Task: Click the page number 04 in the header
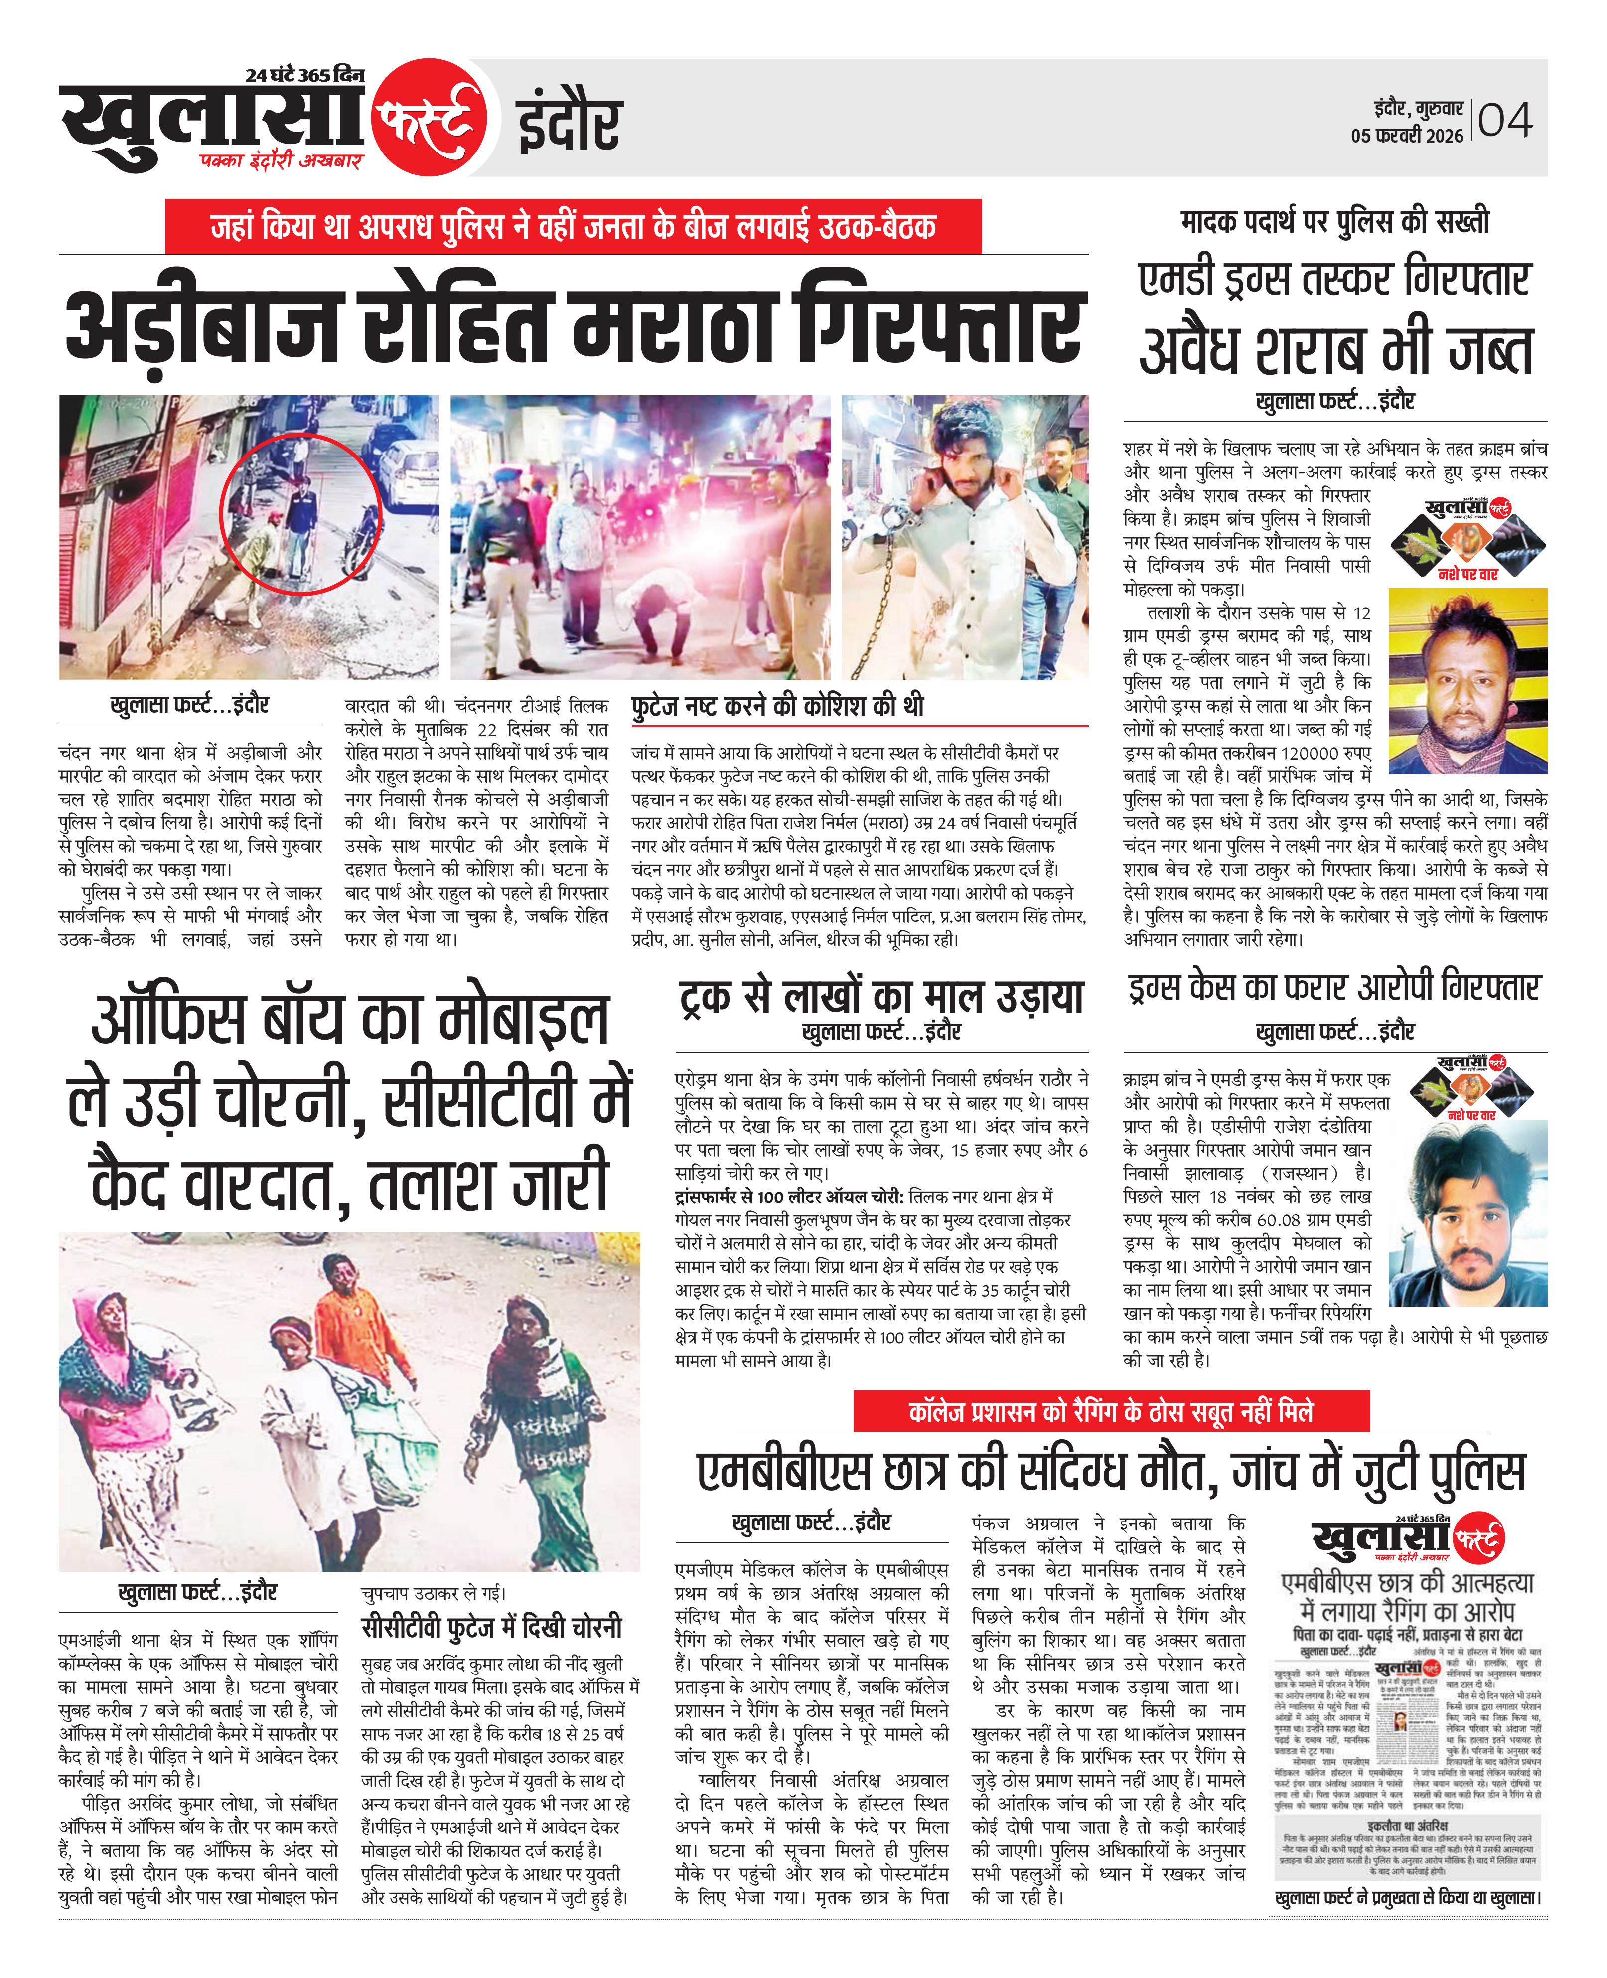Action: pos(1505,120)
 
